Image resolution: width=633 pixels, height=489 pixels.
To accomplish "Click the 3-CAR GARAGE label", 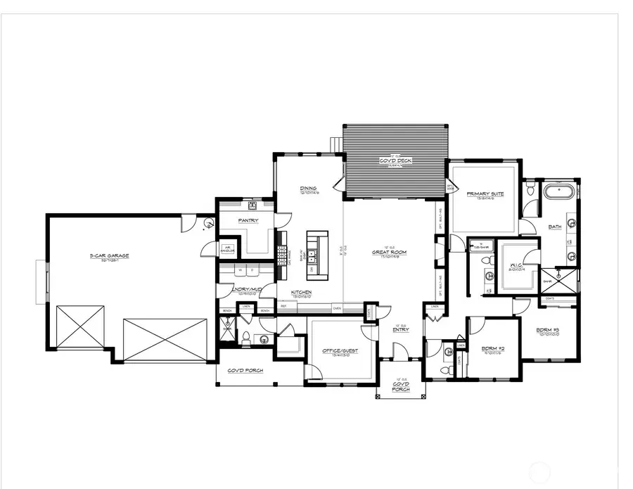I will [x=109, y=256].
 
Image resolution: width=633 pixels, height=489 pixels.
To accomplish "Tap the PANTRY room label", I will [x=248, y=220].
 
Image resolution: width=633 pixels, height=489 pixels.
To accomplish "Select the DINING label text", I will [x=308, y=189].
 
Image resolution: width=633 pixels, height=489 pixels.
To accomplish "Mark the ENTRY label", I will [x=399, y=329].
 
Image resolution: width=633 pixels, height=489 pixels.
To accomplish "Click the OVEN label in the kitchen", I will [x=337, y=307].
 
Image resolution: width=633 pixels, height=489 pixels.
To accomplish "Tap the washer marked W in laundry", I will [x=241, y=269].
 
